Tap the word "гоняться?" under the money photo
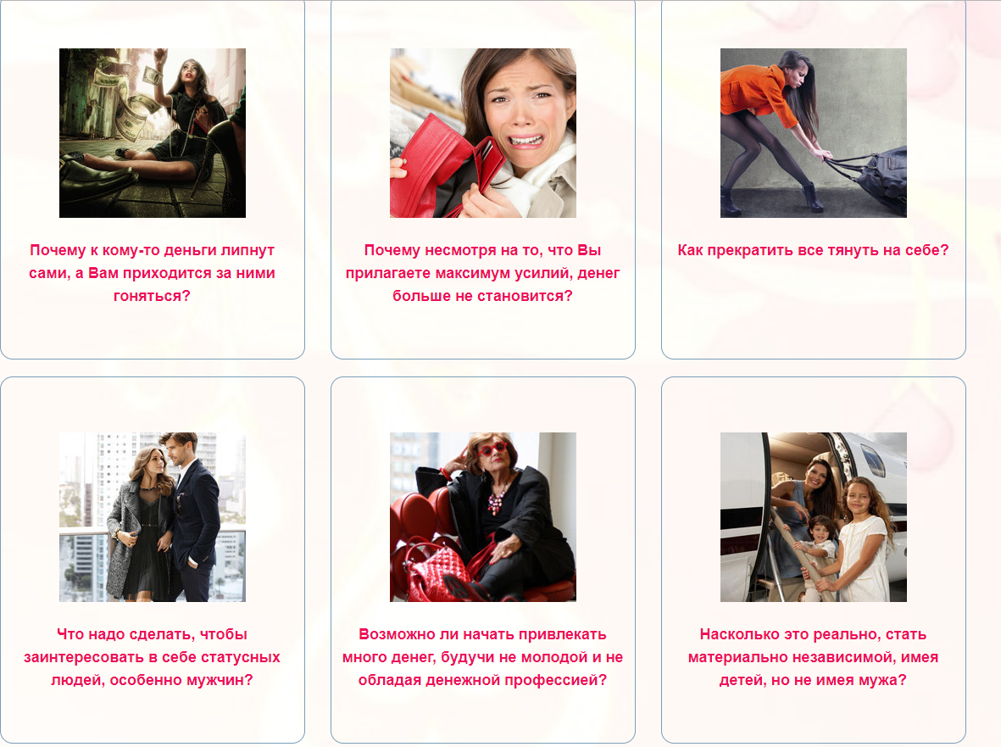point(152,296)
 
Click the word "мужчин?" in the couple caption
point(221,681)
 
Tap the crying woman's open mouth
point(526,140)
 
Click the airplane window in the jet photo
point(873,460)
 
